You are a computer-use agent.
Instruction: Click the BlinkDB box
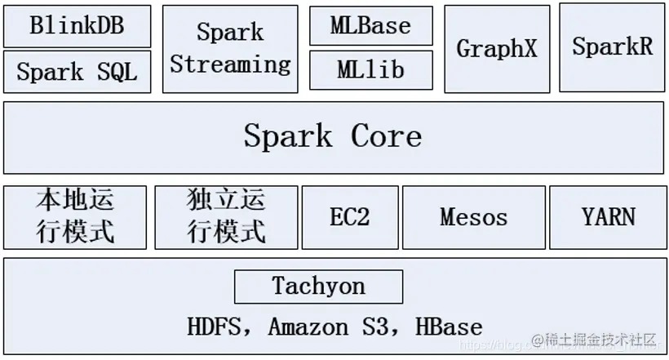pos(77,25)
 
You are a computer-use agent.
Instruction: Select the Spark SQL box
pos(77,72)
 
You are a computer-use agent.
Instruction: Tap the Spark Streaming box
pos(230,49)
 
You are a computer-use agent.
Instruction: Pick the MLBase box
pos(370,25)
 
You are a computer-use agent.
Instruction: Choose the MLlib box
pos(370,70)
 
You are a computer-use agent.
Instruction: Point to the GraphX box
pos(497,49)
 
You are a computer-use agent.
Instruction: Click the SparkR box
pos(612,47)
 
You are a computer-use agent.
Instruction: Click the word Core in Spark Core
pos(386,136)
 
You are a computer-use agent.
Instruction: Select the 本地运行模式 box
pos(75,217)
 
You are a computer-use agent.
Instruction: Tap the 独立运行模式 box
pos(226,217)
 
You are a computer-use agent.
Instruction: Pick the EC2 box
pos(350,217)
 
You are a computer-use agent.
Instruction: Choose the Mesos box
pos(473,217)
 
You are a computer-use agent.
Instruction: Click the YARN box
pos(608,217)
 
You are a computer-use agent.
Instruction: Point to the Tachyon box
pos(318,287)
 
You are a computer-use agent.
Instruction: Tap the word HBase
pos(448,327)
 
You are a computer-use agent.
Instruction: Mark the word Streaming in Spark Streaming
pos(230,64)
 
